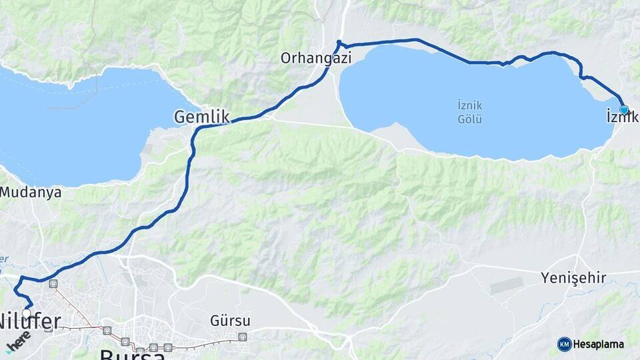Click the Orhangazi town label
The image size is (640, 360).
[x=315, y=59]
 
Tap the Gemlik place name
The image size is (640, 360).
[x=201, y=117]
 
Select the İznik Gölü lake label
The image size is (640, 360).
[x=469, y=112]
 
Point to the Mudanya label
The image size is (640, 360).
[x=31, y=193]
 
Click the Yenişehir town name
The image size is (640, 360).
[x=573, y=278]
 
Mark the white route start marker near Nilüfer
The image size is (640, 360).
[x=26, y=313]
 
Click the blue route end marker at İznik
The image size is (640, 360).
[x=624, y=109]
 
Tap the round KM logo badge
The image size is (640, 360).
[x=564, y=344]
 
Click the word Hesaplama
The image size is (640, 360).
[x=599, y=344]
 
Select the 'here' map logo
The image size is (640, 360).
[x=18, y=341]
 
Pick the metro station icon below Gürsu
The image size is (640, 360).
[x=242, y=337]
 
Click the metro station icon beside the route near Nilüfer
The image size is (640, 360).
[x=53, y=284]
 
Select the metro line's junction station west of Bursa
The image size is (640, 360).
[x=107, y=330]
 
